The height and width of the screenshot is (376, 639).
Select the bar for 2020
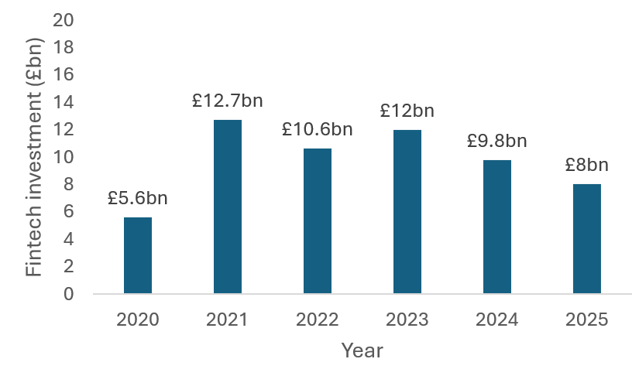click(x=138, y=255)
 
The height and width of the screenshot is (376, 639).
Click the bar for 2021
click(x=228, y=207)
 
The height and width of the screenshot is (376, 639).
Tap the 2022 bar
click(x=318, y=221)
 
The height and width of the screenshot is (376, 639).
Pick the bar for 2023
click(x=407, y=211)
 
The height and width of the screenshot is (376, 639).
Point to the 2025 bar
click(x=587, y=239)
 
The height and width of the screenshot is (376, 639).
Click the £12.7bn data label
click(x=227, y=101)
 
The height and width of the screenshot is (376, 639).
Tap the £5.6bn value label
click(x=138, y=198)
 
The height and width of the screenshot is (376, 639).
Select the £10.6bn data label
click(x=317, y=129)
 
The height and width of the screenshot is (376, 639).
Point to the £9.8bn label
click(x=496, y=141)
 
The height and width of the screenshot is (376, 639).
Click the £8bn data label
click(x=586, y=166)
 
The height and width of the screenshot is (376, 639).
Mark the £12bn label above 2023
click(x=407, y=111)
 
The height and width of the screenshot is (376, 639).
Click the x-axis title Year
click(x=362, y=350)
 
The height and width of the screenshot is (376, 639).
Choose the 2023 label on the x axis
click(x=407, y=320)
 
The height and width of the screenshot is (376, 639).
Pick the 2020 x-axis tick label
click(x=138, y=320)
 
